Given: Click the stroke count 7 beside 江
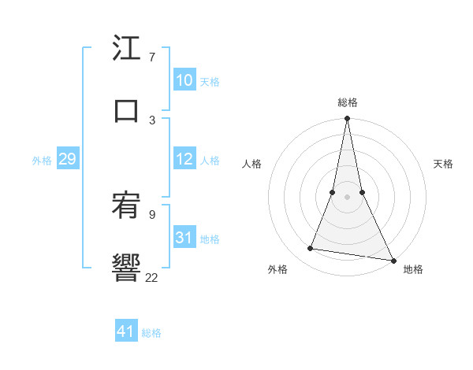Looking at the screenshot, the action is point(151,57).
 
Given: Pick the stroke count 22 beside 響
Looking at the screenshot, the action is point(151,276).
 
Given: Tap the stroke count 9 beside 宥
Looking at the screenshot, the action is point(151,213).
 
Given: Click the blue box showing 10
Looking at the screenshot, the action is point(184,80).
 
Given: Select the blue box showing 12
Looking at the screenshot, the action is point(184,159).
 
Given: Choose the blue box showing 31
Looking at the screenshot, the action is point(184,237).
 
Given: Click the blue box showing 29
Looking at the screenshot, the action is point(67,159).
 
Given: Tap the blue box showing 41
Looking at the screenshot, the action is point(126,331).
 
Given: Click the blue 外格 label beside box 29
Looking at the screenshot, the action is point(42,161).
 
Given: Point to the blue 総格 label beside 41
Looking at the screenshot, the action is point(151,333).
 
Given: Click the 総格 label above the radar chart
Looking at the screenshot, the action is point(348,102).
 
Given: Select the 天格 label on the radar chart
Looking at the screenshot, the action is point(443,164).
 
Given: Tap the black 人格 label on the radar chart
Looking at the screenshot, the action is point(251,164).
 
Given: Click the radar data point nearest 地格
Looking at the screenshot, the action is point(393,259).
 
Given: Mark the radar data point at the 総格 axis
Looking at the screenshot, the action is point(348,119).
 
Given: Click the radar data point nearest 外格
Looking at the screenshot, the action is point(311,249).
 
